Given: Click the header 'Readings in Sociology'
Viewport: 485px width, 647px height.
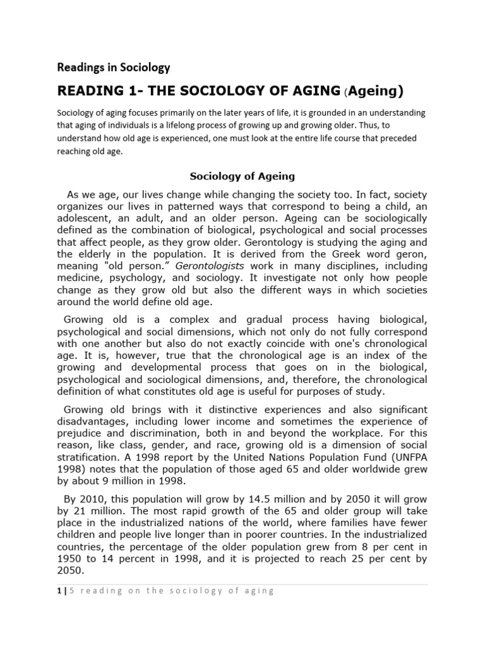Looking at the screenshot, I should coord(114,66).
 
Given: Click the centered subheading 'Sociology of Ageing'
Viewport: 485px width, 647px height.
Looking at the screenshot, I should coord(242,176).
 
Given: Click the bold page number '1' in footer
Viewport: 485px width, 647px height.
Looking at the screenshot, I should coord(59,591).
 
